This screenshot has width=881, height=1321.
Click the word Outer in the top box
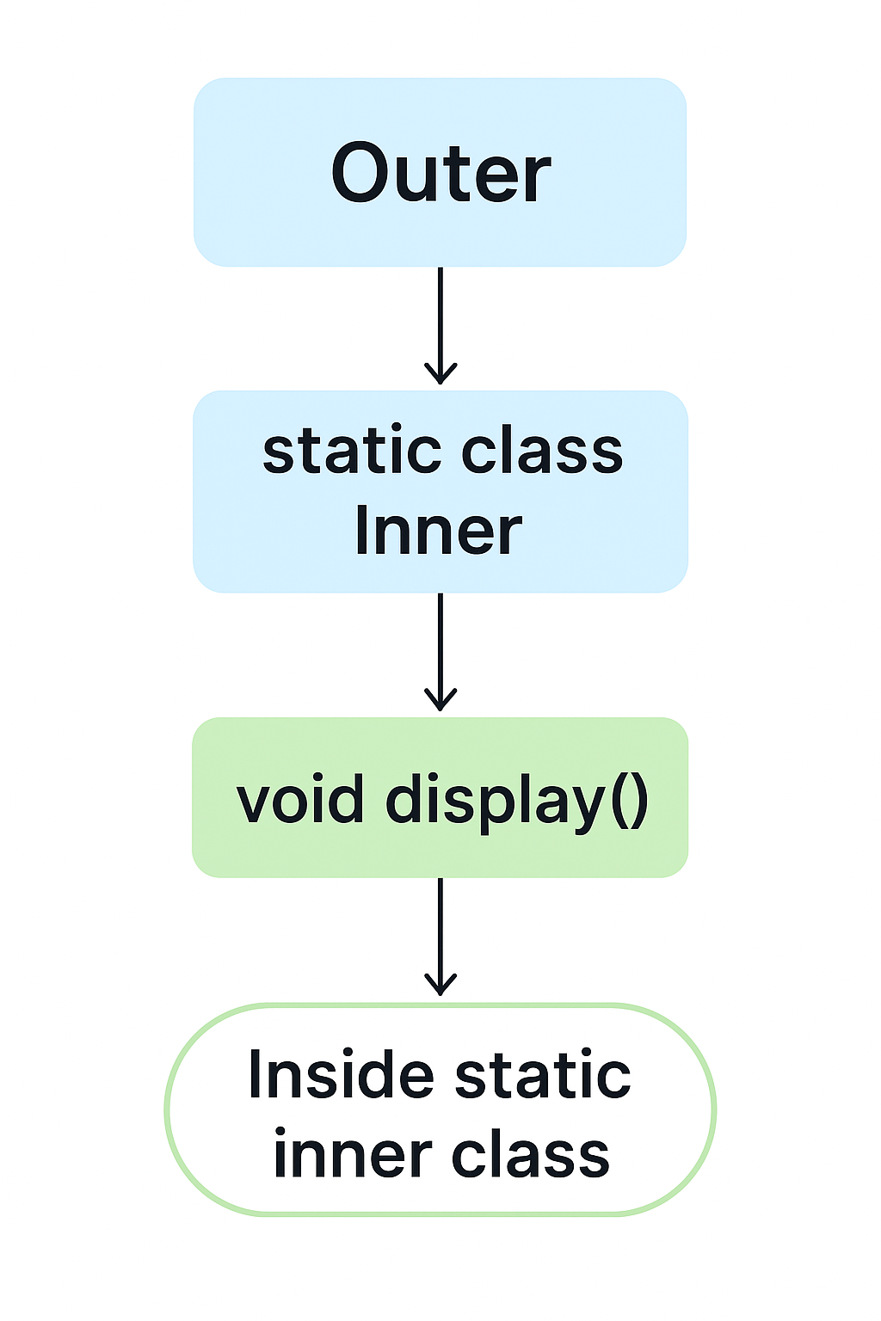coord(440,174)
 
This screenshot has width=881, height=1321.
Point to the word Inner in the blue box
coord(438,531)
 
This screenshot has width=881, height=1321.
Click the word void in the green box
coord(299,801)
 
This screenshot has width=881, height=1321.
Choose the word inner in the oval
coord(351,1155)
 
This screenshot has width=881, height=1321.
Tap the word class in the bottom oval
coord(531,1155)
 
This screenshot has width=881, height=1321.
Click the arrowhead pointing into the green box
coord(440,700)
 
